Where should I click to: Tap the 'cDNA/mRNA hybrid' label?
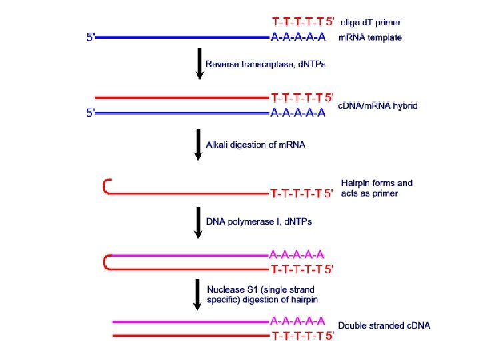pos(378,107)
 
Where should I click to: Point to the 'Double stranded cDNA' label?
pos(384,325)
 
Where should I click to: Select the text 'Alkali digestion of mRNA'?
pos(259,145)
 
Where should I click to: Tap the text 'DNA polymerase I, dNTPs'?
pos(259,221)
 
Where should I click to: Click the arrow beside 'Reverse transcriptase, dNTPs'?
pos(198,65)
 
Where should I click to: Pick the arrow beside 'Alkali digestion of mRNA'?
pos(198,145)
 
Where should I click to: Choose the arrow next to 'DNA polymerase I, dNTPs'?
pos(198,222)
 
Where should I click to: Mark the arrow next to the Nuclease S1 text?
pos(198,294)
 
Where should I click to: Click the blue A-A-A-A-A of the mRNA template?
pos(298,37)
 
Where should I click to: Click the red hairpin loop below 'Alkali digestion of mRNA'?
pos(106,186)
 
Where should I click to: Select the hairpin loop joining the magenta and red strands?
pos(106,262)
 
